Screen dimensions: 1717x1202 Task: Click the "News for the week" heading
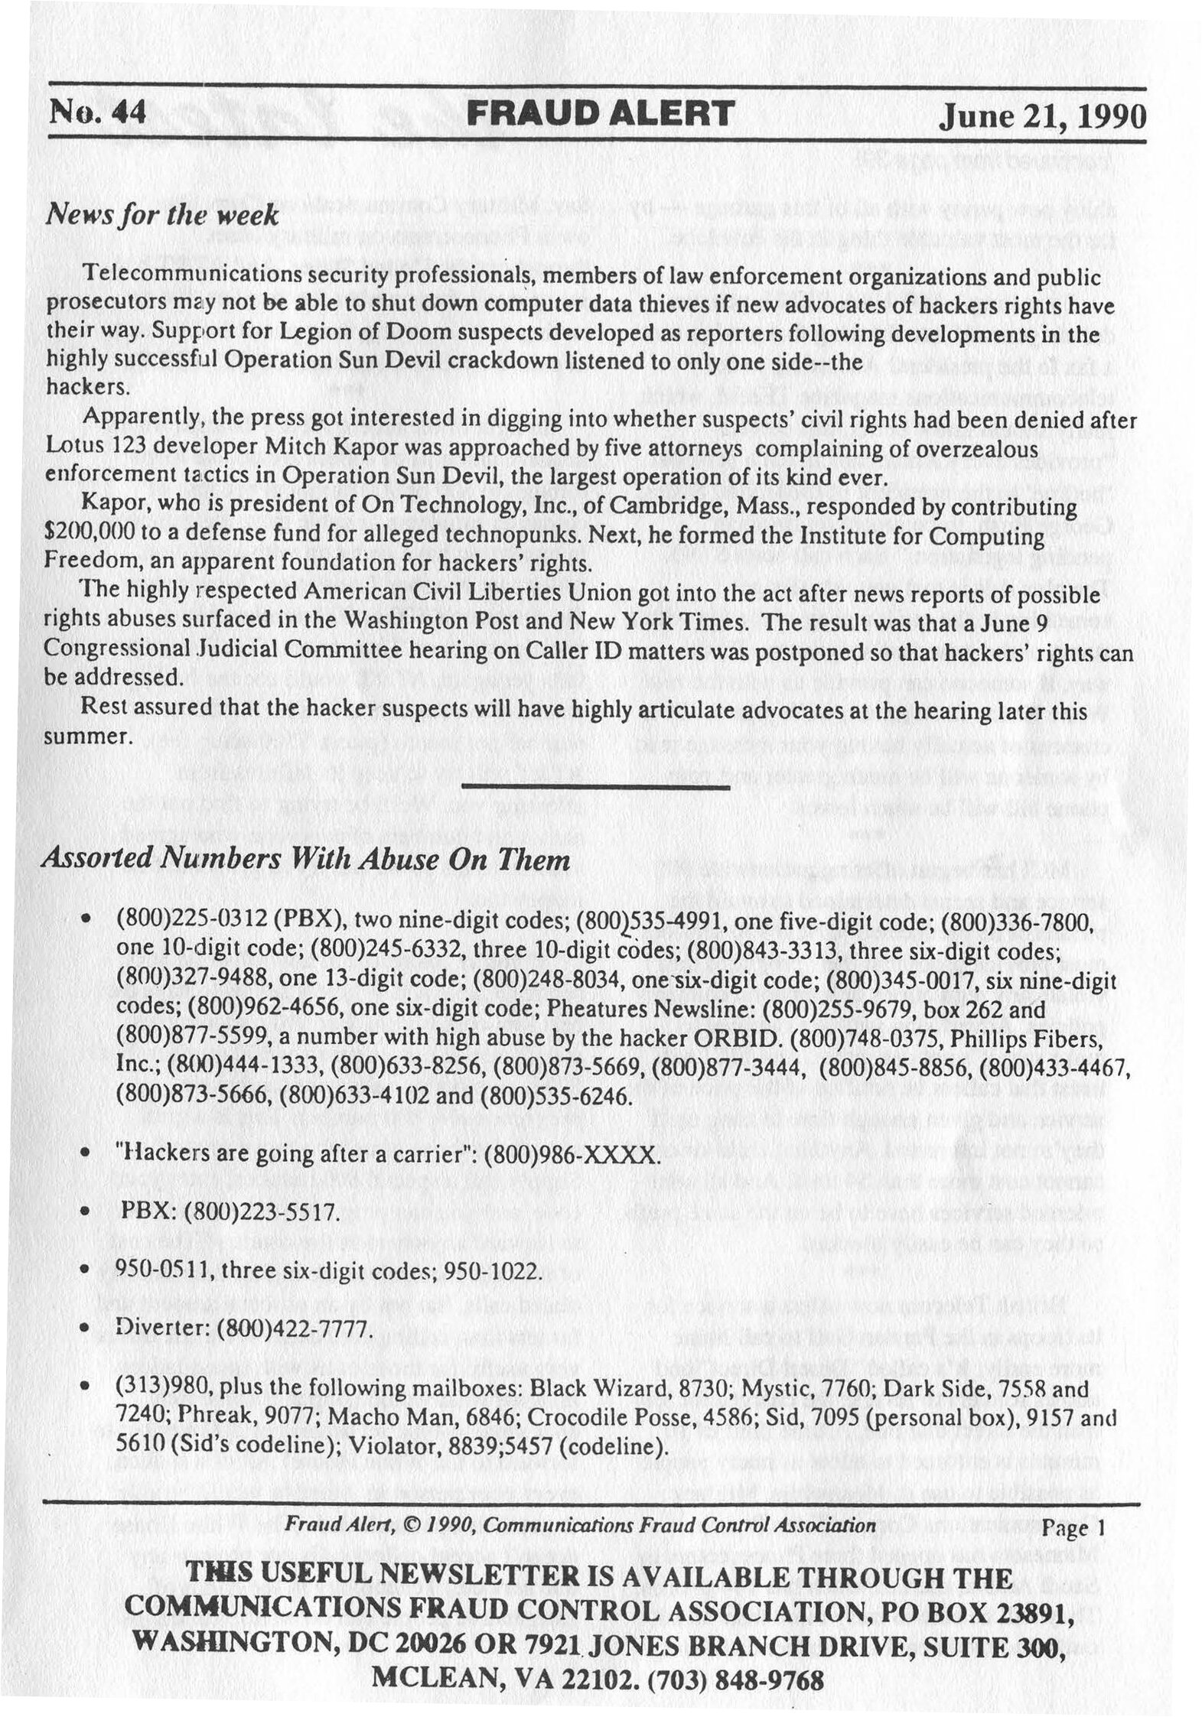pyautogui.click(x=161, y=216)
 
